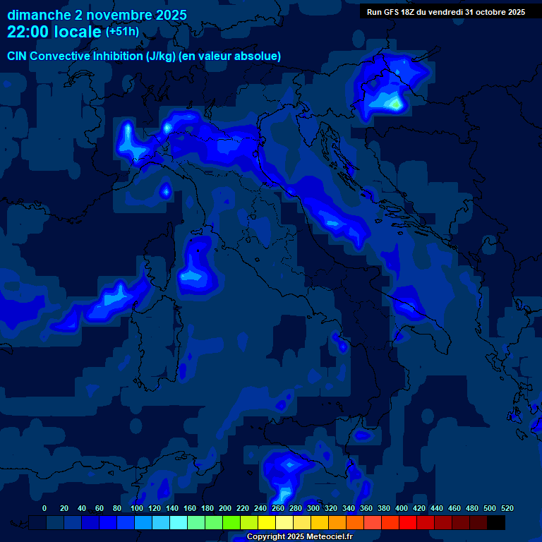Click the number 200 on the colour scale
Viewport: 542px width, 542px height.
[x=225, y=508]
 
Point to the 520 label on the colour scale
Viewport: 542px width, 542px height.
[x=507, y=508]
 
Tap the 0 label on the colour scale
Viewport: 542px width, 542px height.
[x=44, y=508]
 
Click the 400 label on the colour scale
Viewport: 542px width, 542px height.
[x=402, y=508]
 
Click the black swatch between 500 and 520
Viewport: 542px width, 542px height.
[x=496, y=522]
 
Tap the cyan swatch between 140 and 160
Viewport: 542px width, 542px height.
[x=179, y=522]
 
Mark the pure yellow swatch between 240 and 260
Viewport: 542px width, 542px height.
[x=267, y=522]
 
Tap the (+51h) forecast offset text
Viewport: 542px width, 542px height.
[x=122, y=32]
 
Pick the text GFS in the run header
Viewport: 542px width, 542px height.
[x=391, y=12]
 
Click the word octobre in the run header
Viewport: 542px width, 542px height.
[x=486, y=12]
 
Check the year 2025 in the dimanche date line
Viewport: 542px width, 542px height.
[x=167, y=15]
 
